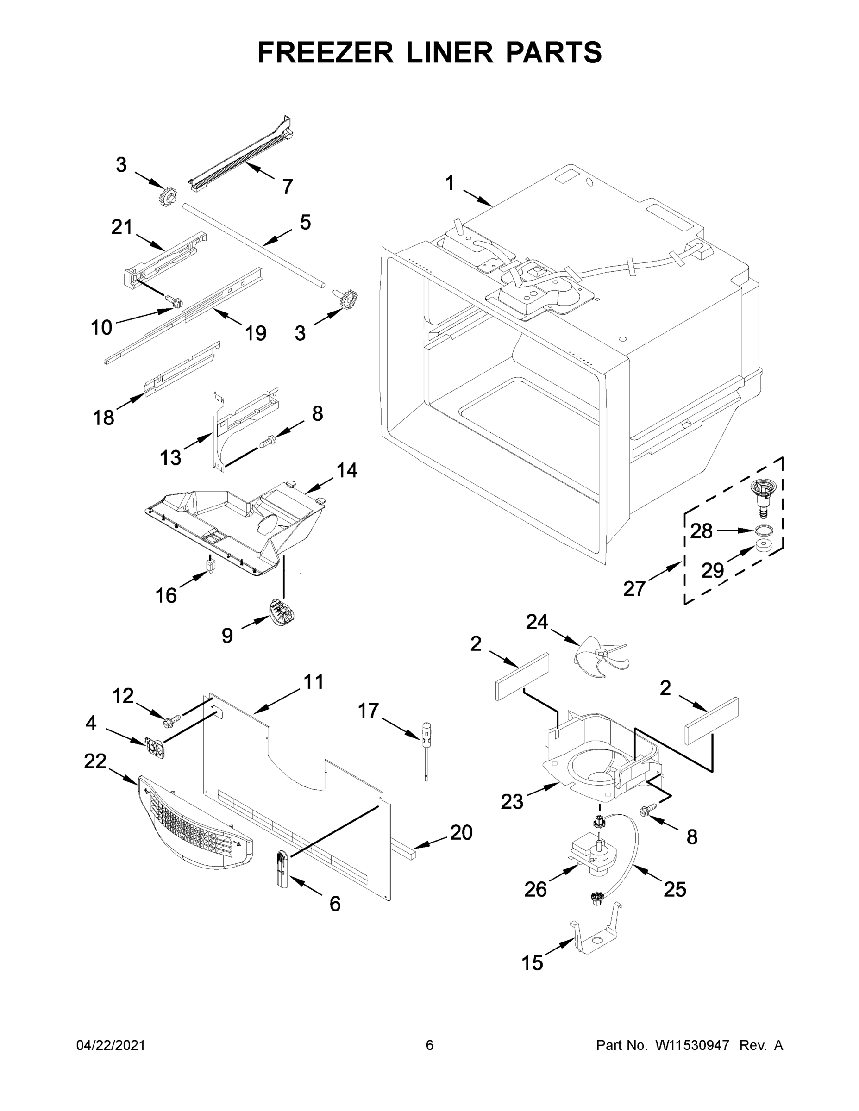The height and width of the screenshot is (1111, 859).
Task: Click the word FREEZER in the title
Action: [325, 52]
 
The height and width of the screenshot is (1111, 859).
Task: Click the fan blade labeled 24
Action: [601, 657]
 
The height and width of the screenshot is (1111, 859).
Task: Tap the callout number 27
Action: [634, 588]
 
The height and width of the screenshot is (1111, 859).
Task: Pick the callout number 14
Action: [346, 470]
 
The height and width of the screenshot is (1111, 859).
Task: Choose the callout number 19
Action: [256, 333]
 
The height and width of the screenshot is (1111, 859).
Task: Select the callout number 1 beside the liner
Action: [449, 183]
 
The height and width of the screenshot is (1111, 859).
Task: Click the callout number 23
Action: [512, 802]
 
